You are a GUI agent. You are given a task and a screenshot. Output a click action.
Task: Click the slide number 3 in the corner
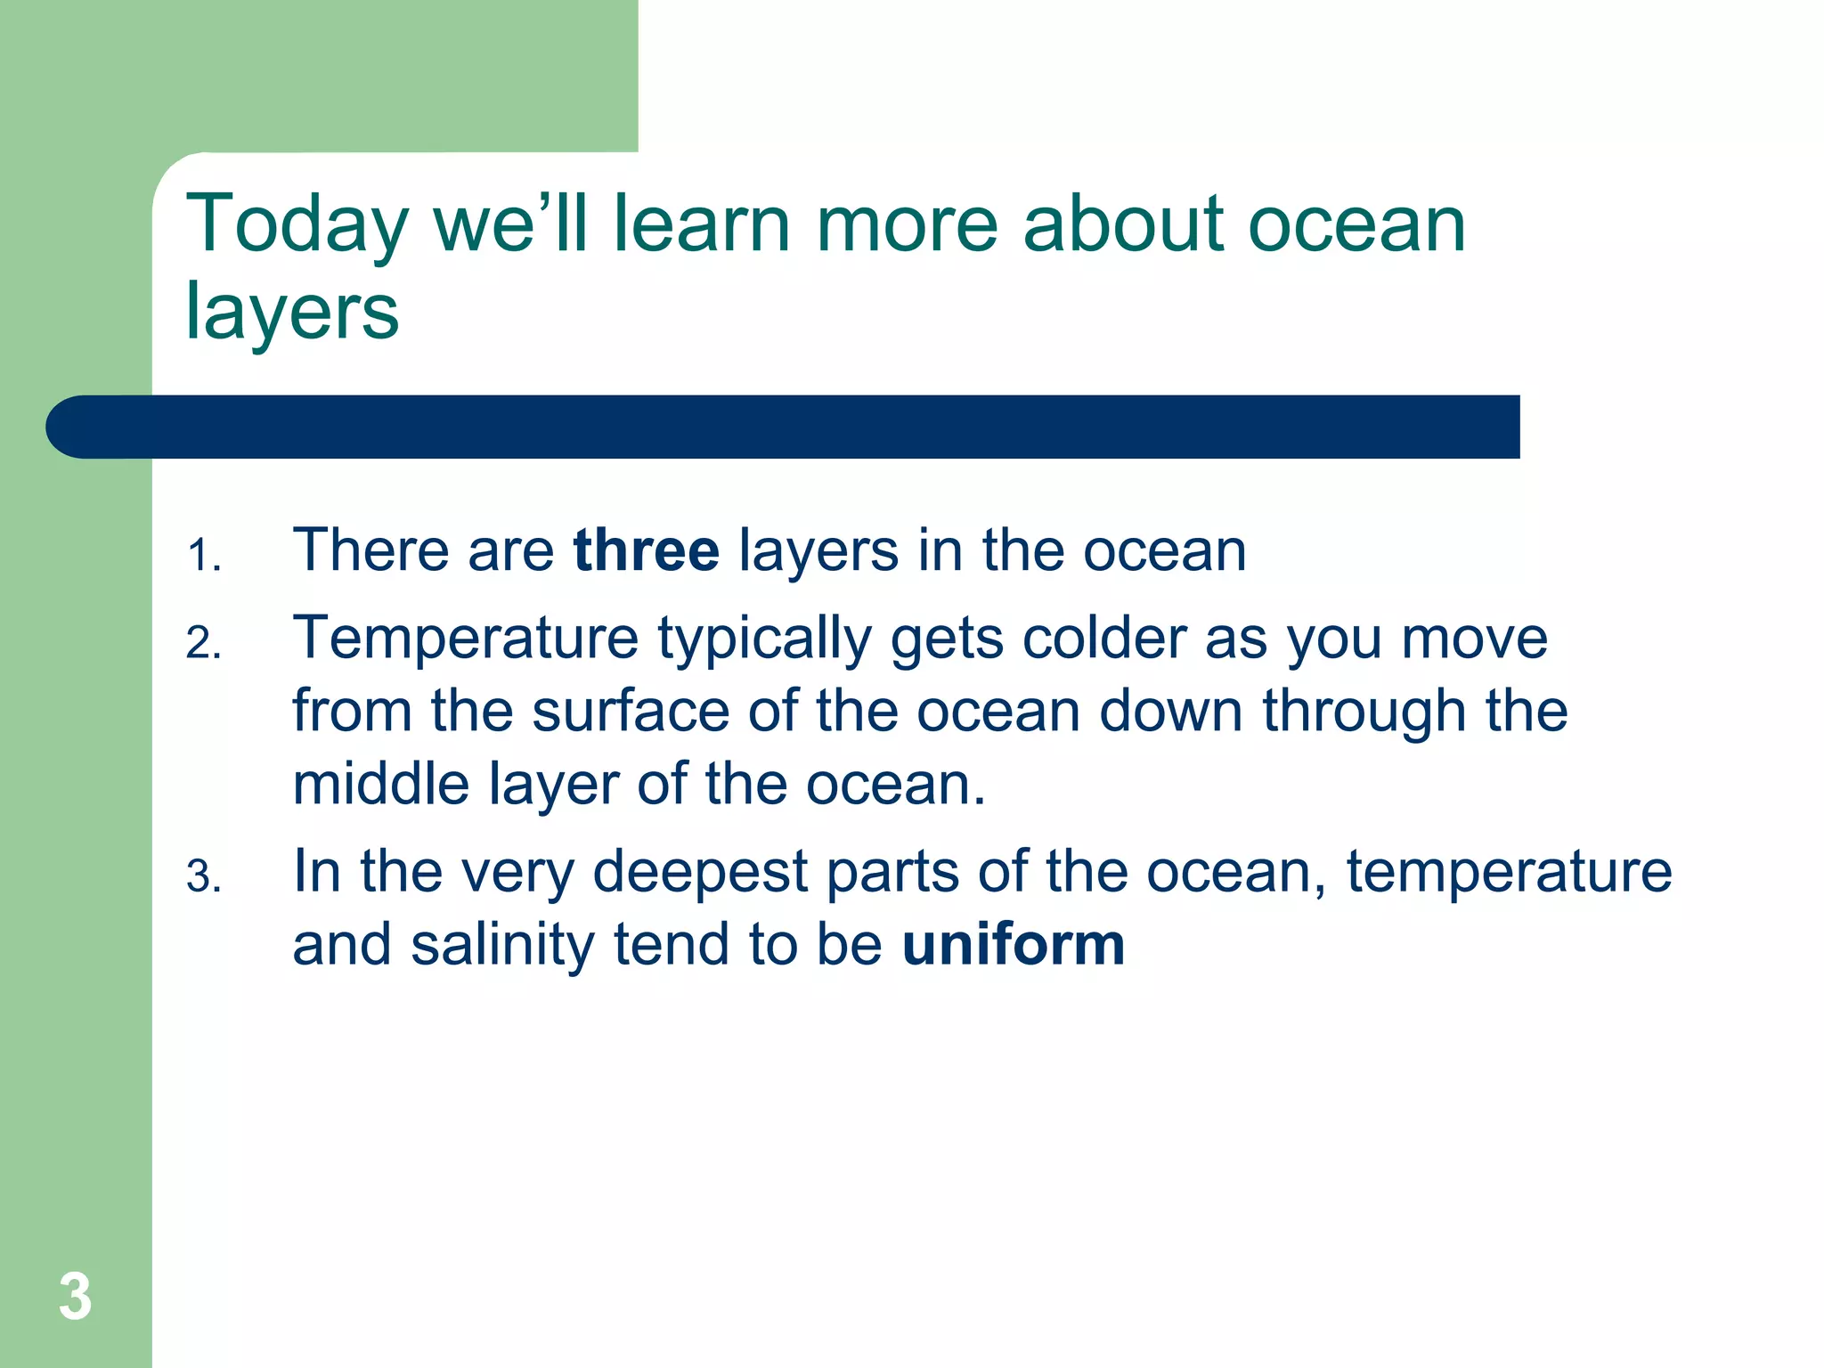75,1297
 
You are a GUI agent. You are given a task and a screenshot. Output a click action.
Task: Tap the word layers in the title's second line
291,313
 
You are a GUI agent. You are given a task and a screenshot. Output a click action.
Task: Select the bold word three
646,550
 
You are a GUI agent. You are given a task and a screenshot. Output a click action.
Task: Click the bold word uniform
1014,945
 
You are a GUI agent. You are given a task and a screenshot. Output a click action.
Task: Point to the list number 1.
202,557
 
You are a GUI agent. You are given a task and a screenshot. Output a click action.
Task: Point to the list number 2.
202,644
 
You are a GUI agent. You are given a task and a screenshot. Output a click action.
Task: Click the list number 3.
202,877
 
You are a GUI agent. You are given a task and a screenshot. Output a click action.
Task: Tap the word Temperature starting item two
465,639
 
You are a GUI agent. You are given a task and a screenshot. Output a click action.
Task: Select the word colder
1103,639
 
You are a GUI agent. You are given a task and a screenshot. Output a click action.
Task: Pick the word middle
380,785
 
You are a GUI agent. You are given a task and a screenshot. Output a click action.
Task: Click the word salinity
501,945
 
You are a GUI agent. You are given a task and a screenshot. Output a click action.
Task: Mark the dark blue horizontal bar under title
784,427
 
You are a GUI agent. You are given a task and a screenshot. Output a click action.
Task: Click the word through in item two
1364,713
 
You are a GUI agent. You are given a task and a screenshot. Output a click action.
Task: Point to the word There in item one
370,550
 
